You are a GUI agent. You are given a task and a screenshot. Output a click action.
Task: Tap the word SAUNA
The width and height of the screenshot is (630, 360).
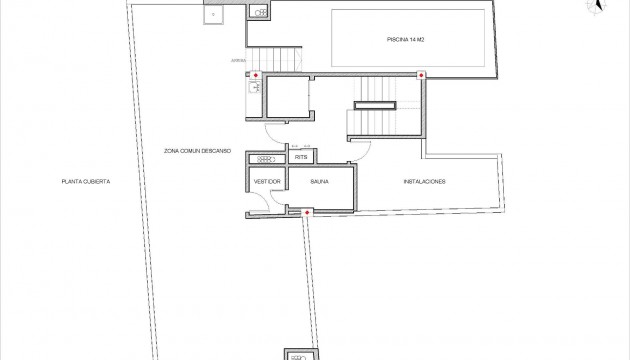tap(321, 181)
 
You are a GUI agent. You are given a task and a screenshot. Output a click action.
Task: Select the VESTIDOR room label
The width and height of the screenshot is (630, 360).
tap(267, 181)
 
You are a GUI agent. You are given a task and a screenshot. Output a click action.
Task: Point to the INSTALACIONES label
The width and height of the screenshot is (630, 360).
tap(424, 181)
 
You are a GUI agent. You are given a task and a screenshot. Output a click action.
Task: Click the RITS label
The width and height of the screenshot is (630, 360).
tap(300, 158)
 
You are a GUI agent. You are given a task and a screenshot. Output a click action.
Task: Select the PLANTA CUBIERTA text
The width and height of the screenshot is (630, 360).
tap(85, 181)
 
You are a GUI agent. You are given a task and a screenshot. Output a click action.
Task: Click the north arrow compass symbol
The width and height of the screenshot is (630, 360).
tap(597, 7)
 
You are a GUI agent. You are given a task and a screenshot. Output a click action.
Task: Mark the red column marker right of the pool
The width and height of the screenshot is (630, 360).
tap(421, 75)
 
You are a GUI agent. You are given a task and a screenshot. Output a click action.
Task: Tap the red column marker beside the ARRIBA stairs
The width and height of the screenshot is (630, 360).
tap(256, 76)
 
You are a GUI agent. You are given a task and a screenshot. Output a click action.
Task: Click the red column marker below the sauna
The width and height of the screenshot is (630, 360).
tap(307, 212)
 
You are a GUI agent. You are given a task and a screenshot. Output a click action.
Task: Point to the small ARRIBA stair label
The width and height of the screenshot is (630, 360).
tap(237, 62)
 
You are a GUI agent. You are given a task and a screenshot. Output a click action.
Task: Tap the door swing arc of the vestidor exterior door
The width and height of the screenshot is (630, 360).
tap(256, 201)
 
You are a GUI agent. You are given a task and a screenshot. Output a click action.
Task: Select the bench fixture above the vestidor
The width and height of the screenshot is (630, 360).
tap(267, 159)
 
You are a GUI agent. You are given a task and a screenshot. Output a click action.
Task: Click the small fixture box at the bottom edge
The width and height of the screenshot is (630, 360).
tap(299, 354)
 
